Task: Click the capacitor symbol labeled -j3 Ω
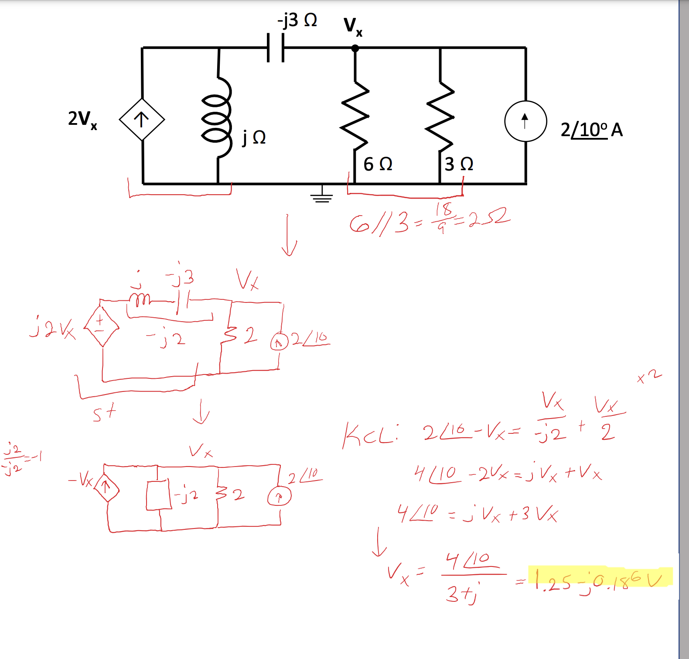275,48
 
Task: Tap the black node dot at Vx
355,48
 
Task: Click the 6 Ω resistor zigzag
355,116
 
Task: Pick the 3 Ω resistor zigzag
440,116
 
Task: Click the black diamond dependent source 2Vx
142,119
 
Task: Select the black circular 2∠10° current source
525,121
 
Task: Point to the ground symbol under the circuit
322,195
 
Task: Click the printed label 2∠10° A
591,130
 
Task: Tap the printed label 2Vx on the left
82,119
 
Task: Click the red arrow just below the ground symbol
288,236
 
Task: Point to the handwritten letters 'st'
105,412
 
